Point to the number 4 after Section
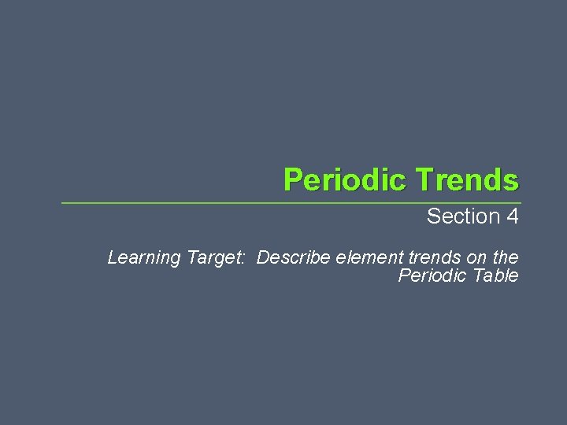pyautogui.click(x=512, y=216)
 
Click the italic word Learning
pyautogui.click(x=144, y=257)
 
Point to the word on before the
pyautogui.click(x=476, y=257)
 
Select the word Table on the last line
pyautogui.click(x=494, y=275)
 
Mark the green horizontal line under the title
pyautogui.click(x=291, y=203)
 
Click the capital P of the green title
pyautogui.click(x=293, y=180)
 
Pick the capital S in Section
pyautogui.click(x=433, y=216)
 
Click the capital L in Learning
pyautogui.click(x=112, y=257)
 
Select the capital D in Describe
pyautogui.click(x=263, y=257)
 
